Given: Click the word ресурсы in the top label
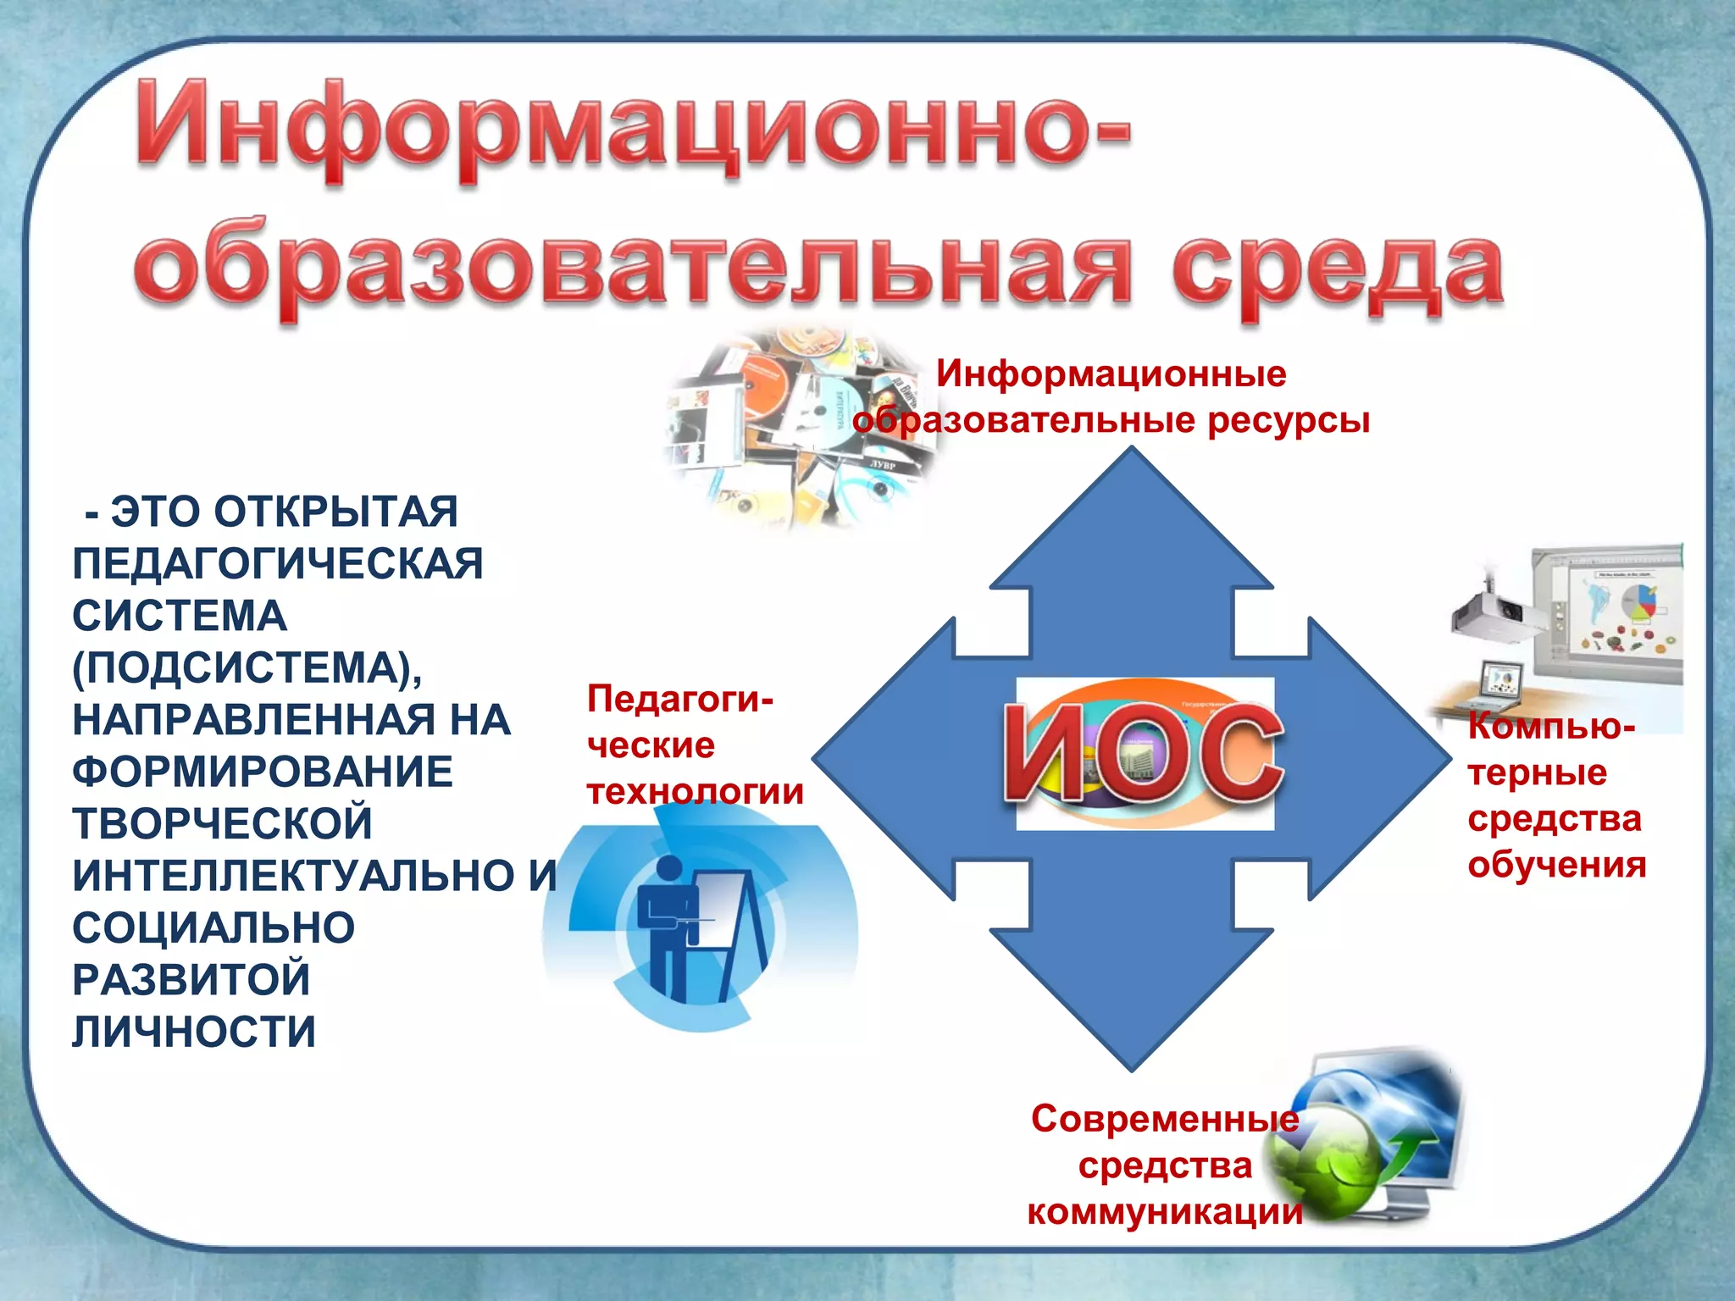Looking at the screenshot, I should [x=1288, y=420].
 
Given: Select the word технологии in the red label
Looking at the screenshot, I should [x=695, y=792].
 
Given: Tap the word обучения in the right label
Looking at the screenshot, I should [x=1557, y=865].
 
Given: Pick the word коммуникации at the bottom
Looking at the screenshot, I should [x=1165, y=1212].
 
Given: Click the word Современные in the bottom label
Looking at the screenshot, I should [x=1165, y=1119].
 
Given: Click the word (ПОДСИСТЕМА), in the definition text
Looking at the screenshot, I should [x=247, y=668].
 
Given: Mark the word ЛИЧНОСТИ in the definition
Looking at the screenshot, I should [x=194, y=1032].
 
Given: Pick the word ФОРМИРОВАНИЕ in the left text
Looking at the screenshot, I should [x=263, y=772].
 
